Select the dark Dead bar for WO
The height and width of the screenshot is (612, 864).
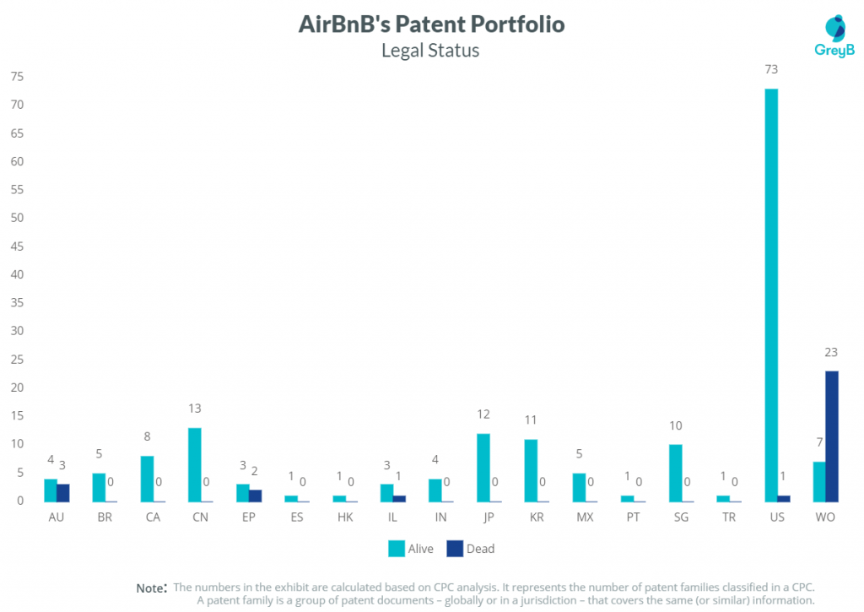click(x=831, y=436)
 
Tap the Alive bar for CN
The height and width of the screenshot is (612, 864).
click(x=194, y=464)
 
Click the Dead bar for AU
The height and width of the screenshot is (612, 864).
click(x=63, y=492)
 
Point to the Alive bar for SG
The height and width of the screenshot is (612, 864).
click(x=675, y=473)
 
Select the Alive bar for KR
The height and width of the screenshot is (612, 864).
click(x=531, y=469)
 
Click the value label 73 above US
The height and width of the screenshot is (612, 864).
click(x=771, y=69)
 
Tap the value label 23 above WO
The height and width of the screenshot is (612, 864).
click(x=831, y=353)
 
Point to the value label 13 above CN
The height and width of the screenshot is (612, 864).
click(x=194, y=409)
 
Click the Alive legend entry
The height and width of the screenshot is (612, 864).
click(x=410, y=549)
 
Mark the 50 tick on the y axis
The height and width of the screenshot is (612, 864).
click(x=17, y=218)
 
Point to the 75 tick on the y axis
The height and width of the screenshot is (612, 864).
click(x=17, y=77)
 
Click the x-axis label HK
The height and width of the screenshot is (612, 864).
click(x=344, y=517)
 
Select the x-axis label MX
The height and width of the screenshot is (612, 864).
click(x=584, y=517)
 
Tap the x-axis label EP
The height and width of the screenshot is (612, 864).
click(x=248, y=517)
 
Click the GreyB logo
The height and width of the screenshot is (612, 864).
click(x=834, y=38)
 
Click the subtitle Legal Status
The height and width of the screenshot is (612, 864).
click(x=430, y=51)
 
